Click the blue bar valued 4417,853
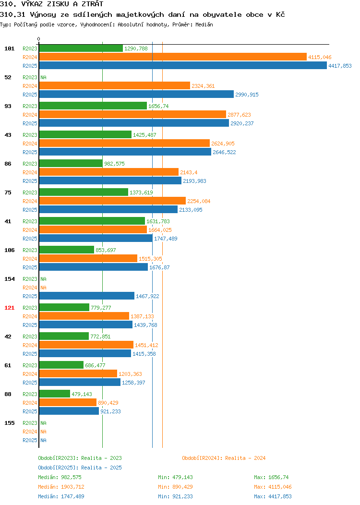pos(183,66)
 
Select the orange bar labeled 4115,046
pos(173,57)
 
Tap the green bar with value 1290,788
pos(81,48)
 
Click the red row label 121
pos(9,308)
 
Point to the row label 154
pos(9,279)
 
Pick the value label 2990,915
pos(247,95)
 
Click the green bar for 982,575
pos(71,164)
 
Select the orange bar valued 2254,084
pos(112,201)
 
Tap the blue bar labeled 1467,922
pos(86,296)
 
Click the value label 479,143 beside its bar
pos(82,394)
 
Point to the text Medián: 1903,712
pos(61,487)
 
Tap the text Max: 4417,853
pos(273,497)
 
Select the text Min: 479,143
pos(175,477)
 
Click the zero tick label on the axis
pos(39,39)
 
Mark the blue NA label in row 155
pos(44,440)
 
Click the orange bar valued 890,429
pos(68,403)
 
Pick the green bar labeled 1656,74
pos(93,106)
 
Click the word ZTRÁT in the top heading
pos(93,4)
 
